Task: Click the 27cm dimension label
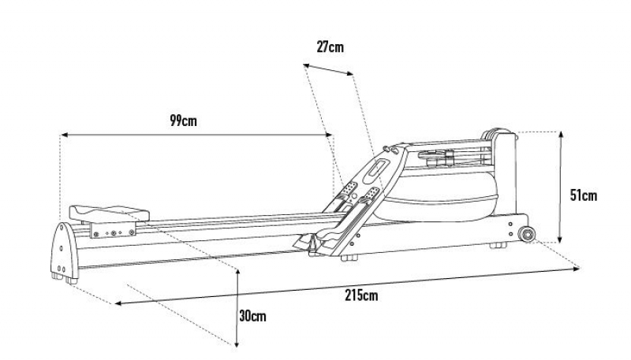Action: pyautogui.click(x=330, y=47)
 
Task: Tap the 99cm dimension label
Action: pyautogui.click(x=184, y=121)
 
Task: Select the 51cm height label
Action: pyautogui.click(x=584, y=195)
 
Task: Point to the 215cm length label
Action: pyautogui.click(x=361, y=295)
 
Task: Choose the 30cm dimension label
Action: pyautogui.click(x=252, y=316)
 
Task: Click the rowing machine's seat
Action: pyautogui.click(x=109, y=213)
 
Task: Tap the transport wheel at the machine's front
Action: pyautogui.click(x=527, y=234)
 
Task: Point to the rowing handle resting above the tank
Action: pyautogui.click(x=437, y=157)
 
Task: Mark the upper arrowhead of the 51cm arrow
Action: pyautogui.click(x=561, y=134)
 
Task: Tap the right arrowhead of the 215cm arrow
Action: pyautogui.click(x=577, y=269)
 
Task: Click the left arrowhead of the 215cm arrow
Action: pyautogui.click(x=119, y=303)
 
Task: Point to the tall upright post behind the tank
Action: pyautogui.click(x=504, y=175)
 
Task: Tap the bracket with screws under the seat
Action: pyautogui.click(x=113, y=230)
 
